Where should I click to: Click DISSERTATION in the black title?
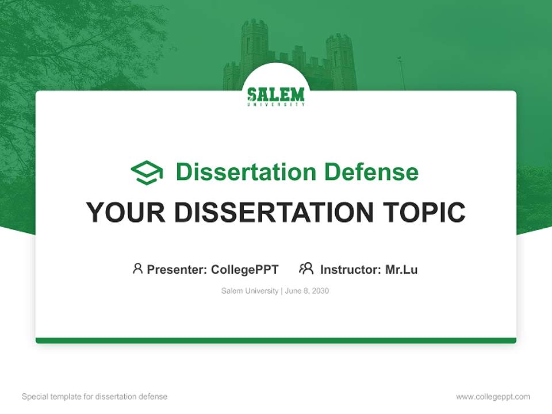(x=273, y=212)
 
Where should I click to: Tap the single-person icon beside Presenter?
(x=137, y=269)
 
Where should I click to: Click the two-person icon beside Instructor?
(x=306, y=269)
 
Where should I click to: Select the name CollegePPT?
(x=245, y=269)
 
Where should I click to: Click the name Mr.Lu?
(x=401, y=269)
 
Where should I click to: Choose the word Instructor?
(x=351, y=269)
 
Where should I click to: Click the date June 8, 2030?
(x=307, y=291)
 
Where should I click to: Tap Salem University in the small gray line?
(x=250, y=291)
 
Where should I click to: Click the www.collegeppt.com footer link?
(x=493, y=397)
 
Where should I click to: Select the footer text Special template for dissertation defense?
(x=95, y=397)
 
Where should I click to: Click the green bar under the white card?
(x=276, y=340)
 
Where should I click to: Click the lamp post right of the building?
(x=401, y=72)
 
